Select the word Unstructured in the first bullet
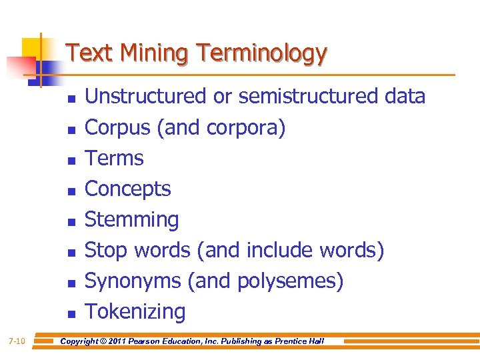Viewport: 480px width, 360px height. [146, 97]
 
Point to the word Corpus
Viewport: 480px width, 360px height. [118, 127]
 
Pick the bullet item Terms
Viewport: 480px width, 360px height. [115, 158]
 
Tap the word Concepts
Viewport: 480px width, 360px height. [128, 189]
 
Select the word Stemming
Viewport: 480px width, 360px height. [132, 219]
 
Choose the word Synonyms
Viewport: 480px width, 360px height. [133, 281]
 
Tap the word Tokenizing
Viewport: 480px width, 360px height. [135, 311]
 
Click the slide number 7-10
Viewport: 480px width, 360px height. [17, 341]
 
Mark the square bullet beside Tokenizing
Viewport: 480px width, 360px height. [71, 313]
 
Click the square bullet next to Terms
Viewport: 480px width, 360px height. [71, 159]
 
